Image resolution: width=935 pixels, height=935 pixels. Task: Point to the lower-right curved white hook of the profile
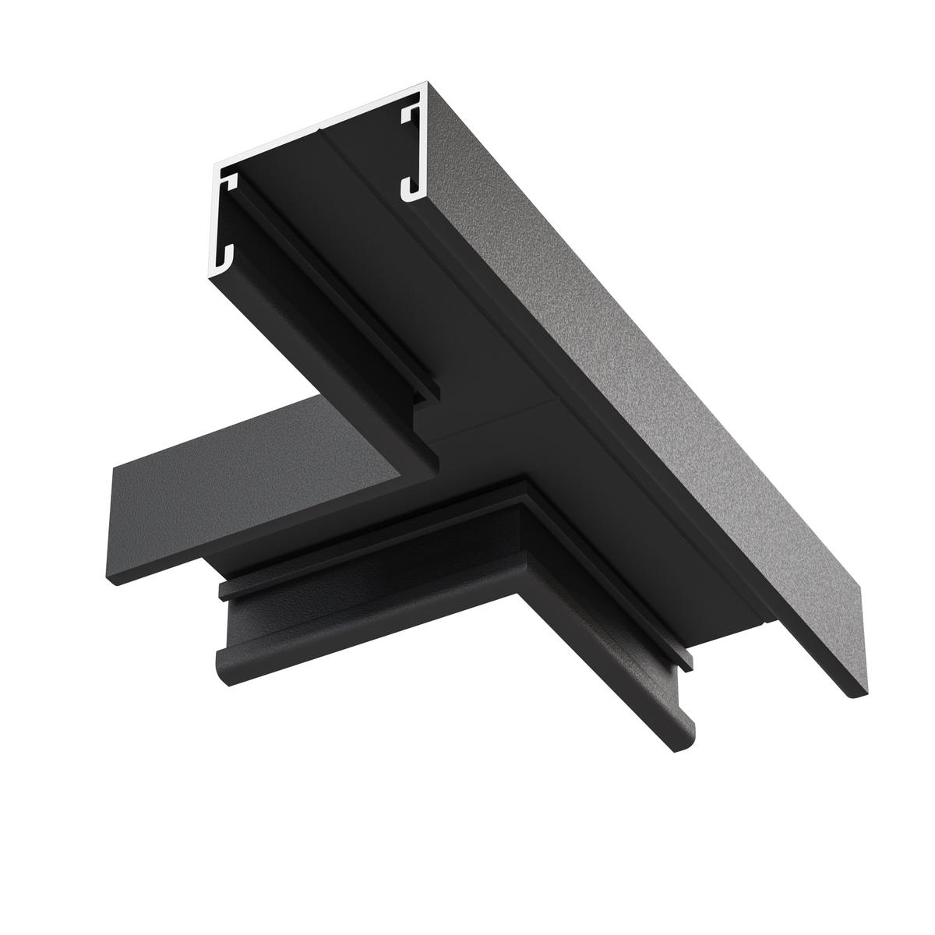411,188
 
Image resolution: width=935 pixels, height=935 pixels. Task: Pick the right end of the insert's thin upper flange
690,662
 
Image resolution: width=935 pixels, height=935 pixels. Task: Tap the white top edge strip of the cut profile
319,125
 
